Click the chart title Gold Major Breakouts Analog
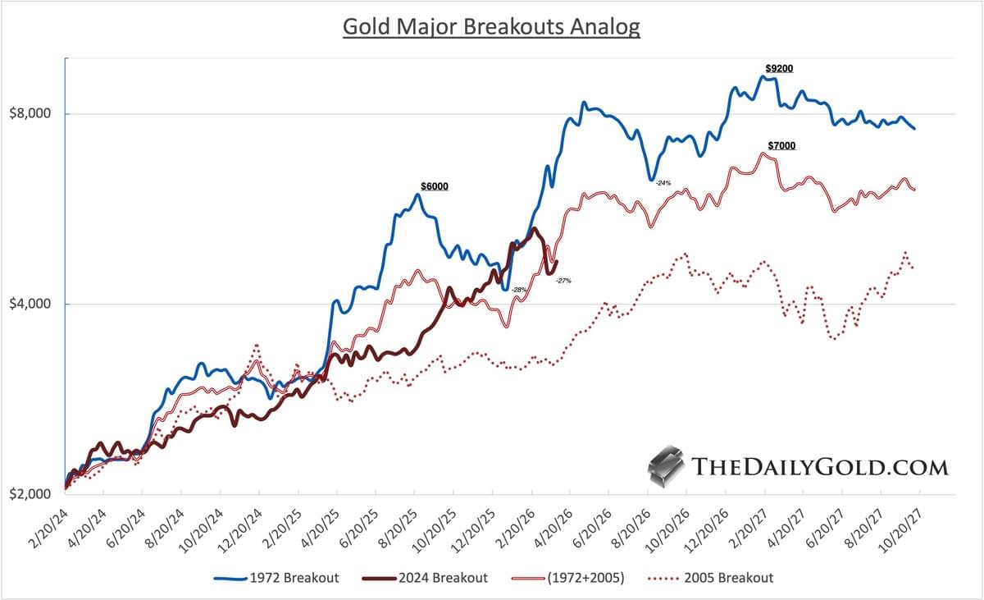click(x=490, y=26)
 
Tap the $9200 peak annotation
click(x=778, y=68)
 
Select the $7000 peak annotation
click(x=781, y=145)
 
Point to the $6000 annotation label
click(x=434, y=186)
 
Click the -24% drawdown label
click(x=663, y=183)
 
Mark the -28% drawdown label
click(x=518, y=290)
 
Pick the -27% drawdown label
click(x=563, y=281)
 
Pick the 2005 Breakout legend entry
click(x=717, y=578)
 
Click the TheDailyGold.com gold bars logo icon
click(x=665, y=468)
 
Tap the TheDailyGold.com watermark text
click(x=820, y=468)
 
